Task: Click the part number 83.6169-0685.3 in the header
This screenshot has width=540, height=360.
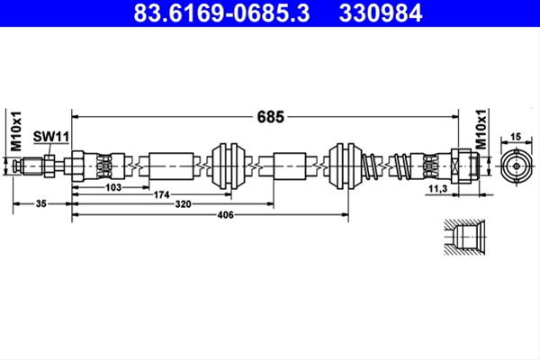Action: pos(221,13)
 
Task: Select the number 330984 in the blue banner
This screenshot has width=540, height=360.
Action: pos(381,13)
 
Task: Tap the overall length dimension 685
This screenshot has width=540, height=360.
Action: pos(271,117)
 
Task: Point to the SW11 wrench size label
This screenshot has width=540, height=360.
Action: pos(51,137)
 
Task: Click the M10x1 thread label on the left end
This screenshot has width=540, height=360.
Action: pos(16,130)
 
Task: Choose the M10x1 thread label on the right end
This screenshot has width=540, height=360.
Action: pos(481,130)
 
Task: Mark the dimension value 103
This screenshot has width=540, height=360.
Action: pos(113,187)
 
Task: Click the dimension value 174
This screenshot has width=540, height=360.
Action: pos(161,195)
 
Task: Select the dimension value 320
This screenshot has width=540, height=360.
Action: pos(183,204)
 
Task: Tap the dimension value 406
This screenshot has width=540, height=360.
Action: pos(226,215)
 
